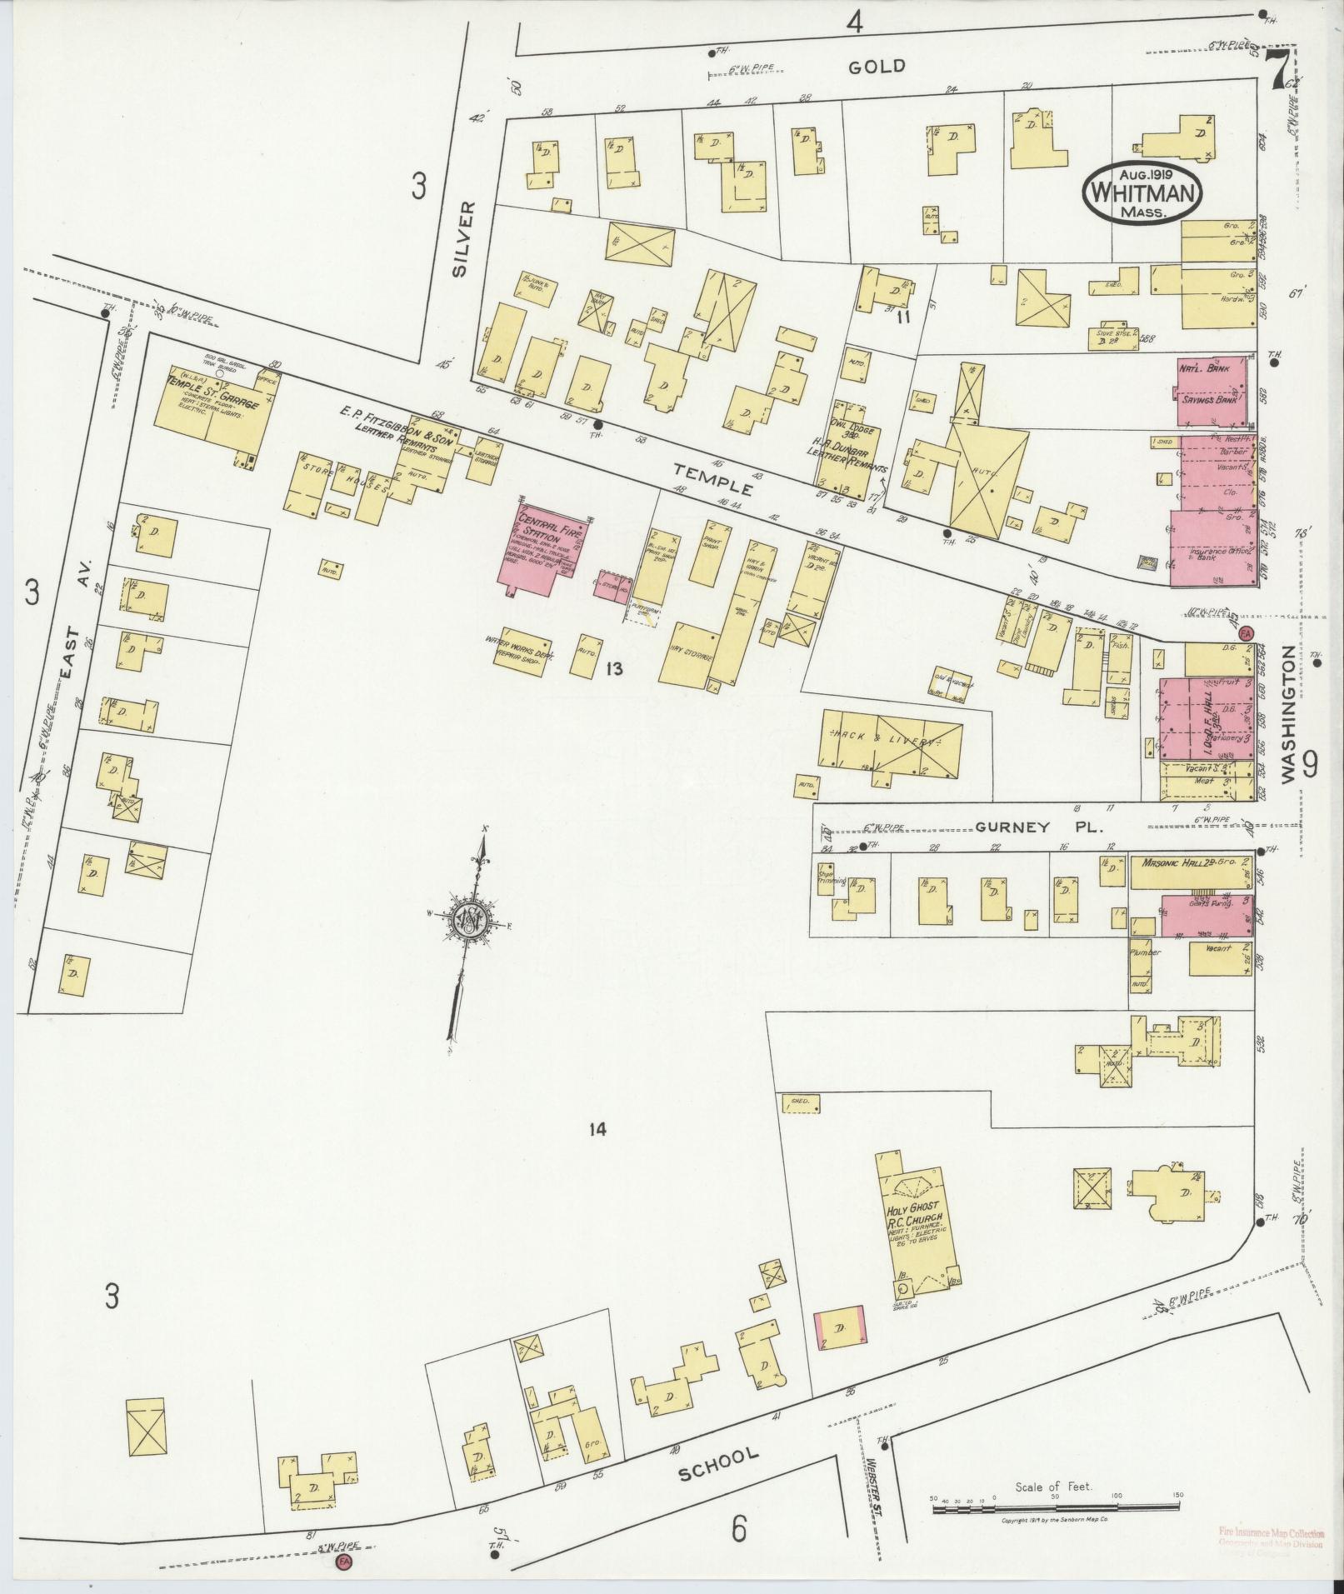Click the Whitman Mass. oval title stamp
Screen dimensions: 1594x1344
pos(1142,192)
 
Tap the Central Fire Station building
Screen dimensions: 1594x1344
pos(543,547)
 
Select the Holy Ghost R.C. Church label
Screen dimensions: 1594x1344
pos(912,1222)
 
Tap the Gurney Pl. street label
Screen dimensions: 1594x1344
pos(1037,828)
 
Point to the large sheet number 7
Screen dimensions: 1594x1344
pos(1272,72)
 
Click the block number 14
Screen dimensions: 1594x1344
pos(596,1129)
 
